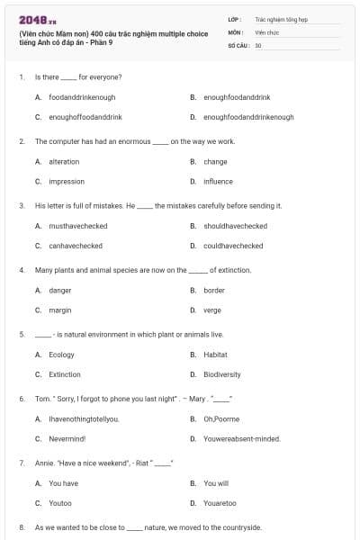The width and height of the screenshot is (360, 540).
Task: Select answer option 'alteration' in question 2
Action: point(64,162)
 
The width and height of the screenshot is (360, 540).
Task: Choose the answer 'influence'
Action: point(218,181)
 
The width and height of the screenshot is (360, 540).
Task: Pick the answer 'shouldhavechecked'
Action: point(235,226)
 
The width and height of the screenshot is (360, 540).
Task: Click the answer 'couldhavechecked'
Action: point(233,246)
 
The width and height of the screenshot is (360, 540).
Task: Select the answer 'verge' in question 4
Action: point(212,310)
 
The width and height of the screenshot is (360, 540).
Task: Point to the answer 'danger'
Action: point(60,291)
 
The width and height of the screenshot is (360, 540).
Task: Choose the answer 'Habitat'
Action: point(215,355)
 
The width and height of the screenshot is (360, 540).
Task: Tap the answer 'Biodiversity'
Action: point(221,374)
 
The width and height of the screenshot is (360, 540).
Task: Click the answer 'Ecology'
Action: point(62,355)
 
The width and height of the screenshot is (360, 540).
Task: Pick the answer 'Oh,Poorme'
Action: point(221,418)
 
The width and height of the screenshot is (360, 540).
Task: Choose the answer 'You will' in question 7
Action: point(216,483)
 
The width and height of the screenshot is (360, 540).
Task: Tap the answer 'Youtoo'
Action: point(60,503)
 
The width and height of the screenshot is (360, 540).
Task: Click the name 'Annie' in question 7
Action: point(44,463)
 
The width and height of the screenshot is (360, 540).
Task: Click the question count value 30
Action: point(258,44)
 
